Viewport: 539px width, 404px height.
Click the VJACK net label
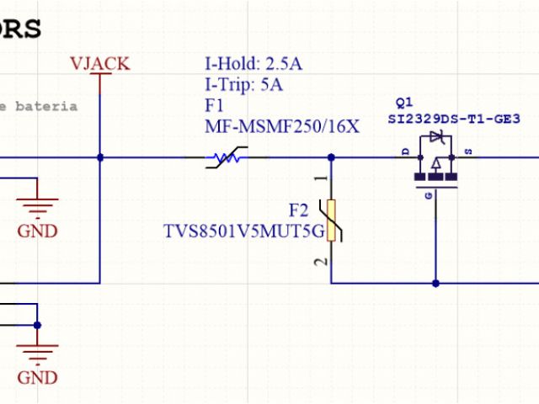point(100,64)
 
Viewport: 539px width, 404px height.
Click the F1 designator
point(214,106)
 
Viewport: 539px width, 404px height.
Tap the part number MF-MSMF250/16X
point(282,127)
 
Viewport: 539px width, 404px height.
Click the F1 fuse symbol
point(225,157)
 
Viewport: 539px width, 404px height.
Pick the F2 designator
point(299,210)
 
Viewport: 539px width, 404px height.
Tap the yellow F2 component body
point(333,221)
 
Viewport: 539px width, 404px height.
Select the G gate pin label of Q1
point(429,195)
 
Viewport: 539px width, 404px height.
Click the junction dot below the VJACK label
point(100,157)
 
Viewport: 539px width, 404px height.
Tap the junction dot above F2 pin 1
point(331,157)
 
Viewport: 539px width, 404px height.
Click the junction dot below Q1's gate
point(435,283)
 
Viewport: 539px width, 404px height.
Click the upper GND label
point(38,231)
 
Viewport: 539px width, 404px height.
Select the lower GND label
point(38,376)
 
